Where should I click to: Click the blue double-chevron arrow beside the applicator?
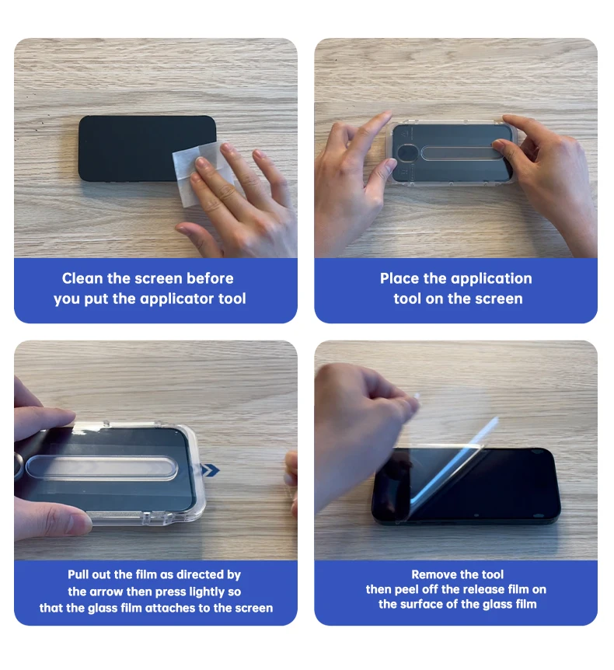(210, 470)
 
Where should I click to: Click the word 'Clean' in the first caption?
(82, 278)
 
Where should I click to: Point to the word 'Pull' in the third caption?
(78, 574)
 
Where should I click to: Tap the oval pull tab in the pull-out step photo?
(102, 467)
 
